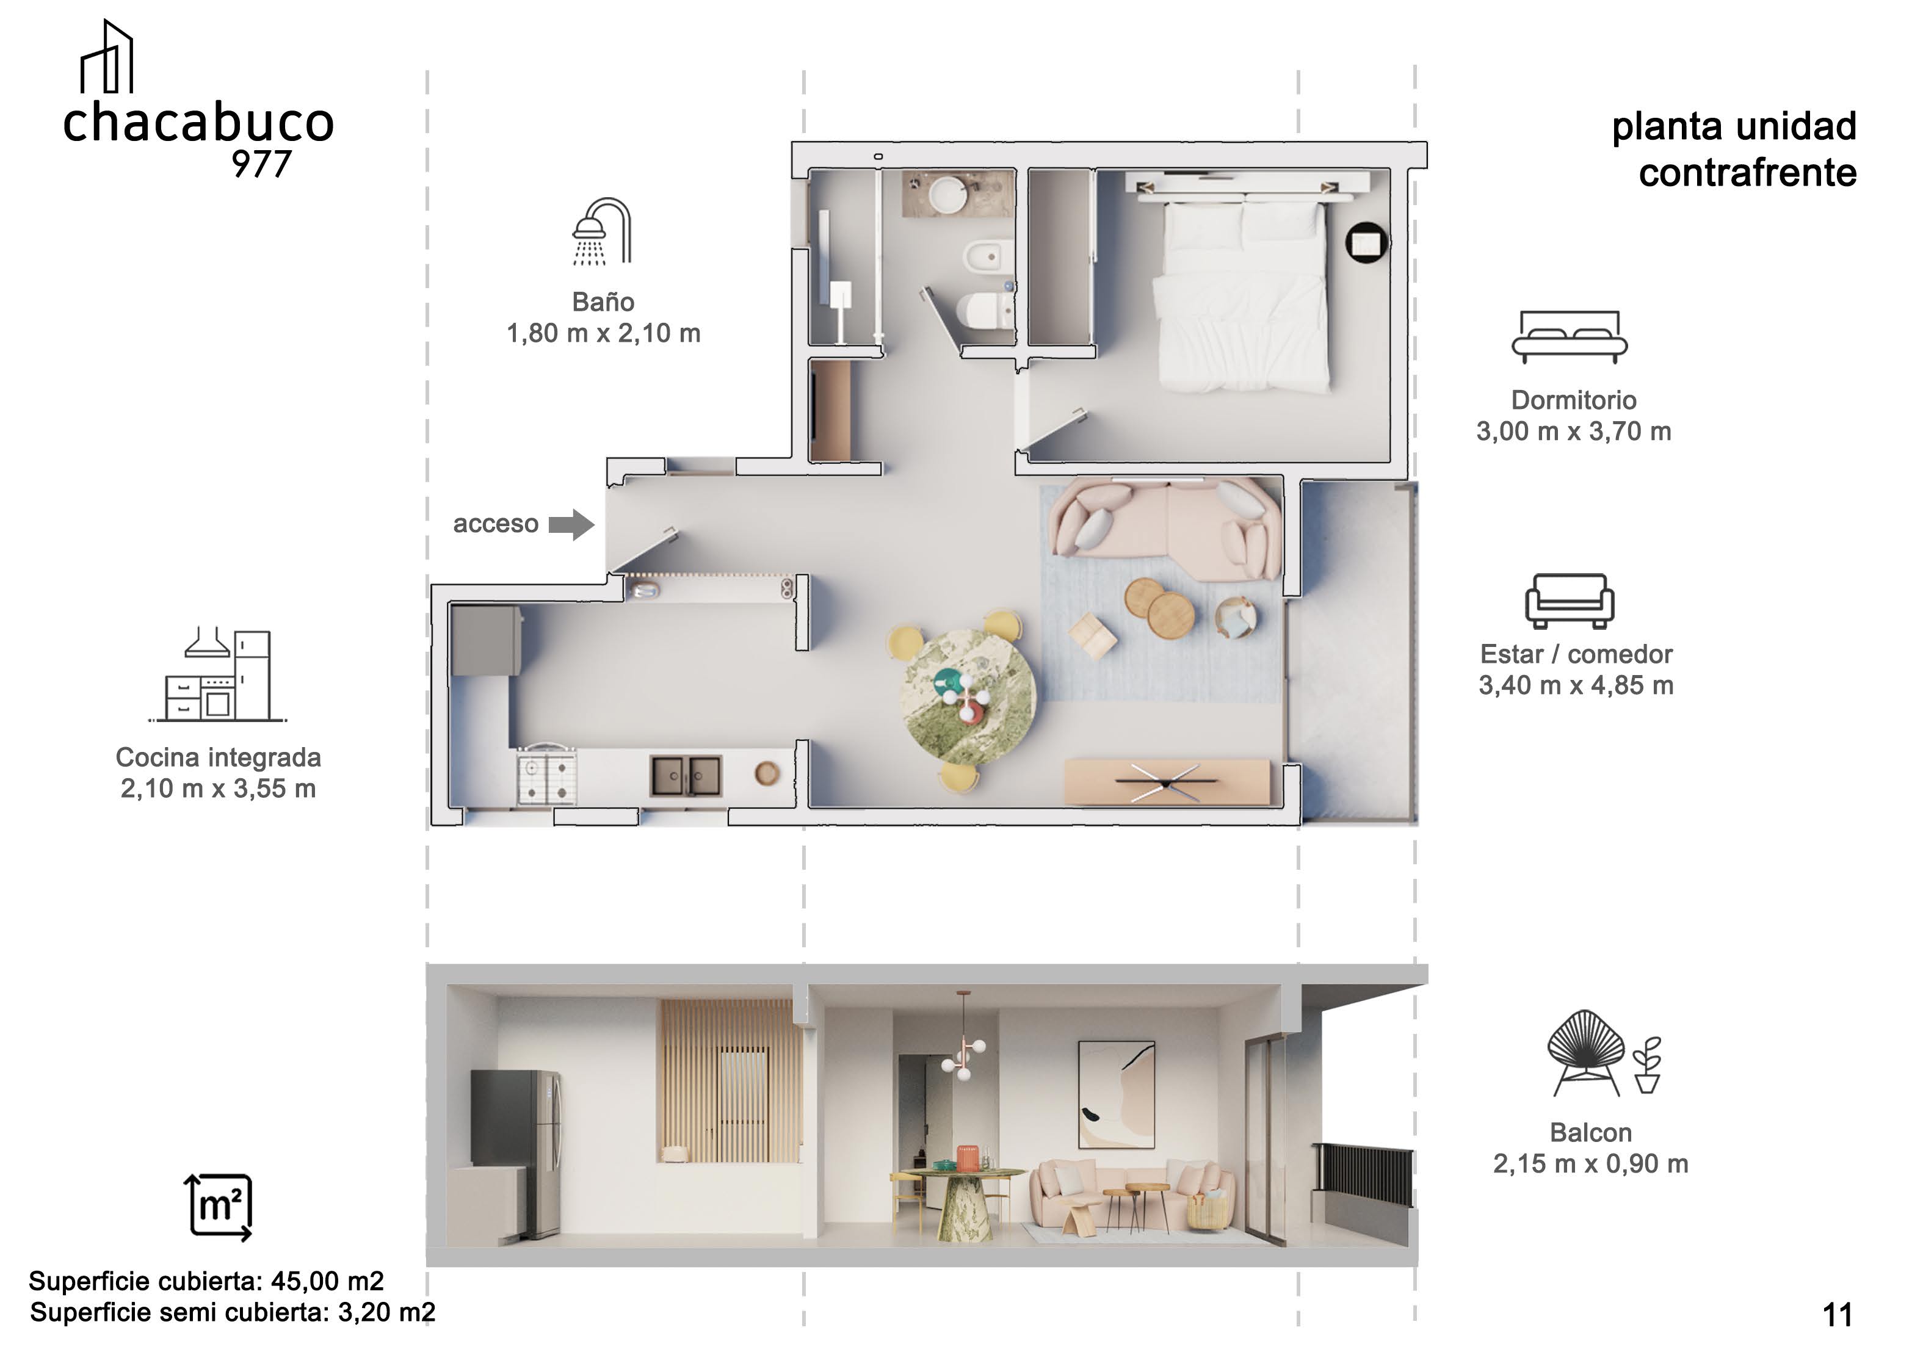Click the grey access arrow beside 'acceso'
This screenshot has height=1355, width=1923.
pos(572,525)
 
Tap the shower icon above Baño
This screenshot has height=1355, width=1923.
pos(602,231)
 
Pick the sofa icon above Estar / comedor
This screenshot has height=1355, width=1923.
pos(1569,601)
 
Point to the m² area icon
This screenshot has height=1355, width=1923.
pos(218,1207)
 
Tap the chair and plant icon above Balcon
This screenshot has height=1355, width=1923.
pos(1604,1053)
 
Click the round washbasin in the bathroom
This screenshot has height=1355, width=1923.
pos(948,194)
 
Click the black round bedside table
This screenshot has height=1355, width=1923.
pos(1367,243)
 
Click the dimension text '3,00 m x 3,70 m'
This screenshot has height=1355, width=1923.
pos(1574,432)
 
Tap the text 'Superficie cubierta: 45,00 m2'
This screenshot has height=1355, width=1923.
pos(206,1281)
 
